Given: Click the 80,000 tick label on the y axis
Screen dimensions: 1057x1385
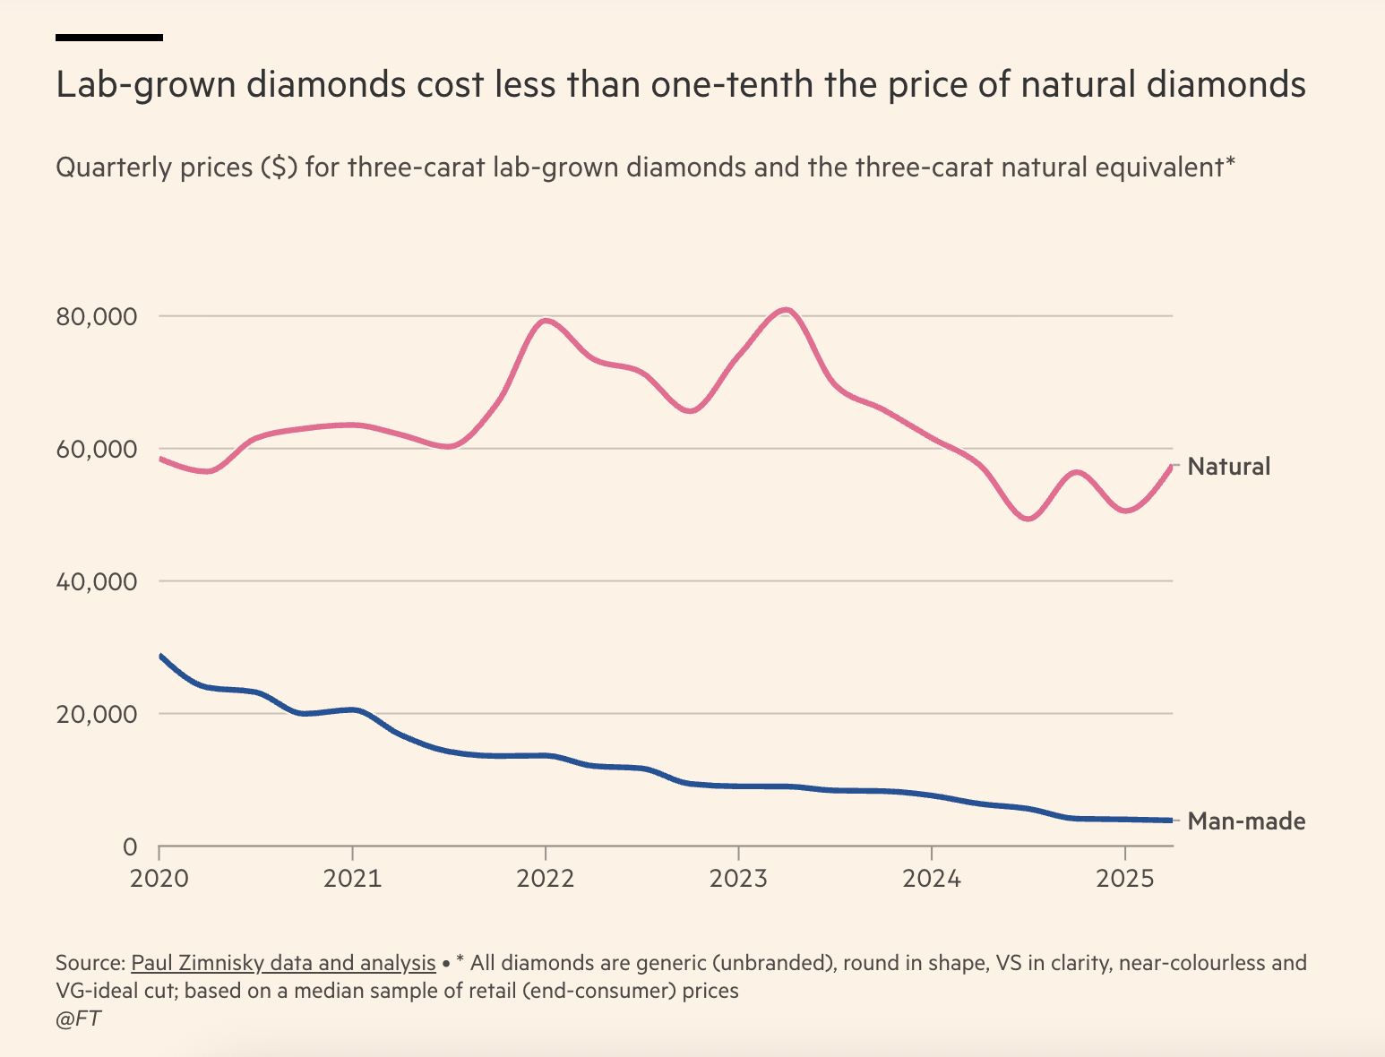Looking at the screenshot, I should [x=97, y=317].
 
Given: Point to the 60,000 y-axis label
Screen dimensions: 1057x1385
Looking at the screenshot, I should [x=97, y=450].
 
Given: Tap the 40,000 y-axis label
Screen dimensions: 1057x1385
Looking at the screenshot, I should [x=97, y=582].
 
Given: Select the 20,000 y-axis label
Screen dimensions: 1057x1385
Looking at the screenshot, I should [x=97, y=715].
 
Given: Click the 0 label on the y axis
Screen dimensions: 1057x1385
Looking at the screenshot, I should [x=129, y=846].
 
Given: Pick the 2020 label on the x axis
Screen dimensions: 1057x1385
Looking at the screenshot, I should [x=159, y=878].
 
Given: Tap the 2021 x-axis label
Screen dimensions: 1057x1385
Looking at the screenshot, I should [x=352, y=878].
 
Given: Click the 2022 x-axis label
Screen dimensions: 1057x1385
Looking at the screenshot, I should [x=545, y=878].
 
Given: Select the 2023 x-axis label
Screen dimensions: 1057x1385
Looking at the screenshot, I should [x=738, y=878].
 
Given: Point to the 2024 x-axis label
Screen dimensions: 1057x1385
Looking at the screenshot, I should [x=932, y=878].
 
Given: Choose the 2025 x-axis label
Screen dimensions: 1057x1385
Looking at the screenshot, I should [x=1124, y=878].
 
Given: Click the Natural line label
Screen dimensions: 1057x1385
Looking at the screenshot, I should [x=1228, y=467].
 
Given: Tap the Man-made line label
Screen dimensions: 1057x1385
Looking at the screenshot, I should [x=1245, y=821].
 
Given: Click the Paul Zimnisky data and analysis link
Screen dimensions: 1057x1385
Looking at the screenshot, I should [x=283, y=964].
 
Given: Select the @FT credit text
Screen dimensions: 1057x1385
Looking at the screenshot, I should [x=78, y=1018].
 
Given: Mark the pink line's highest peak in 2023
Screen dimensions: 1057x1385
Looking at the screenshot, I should [x=786, y=310].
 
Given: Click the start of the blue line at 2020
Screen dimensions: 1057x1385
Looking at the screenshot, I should [x=161, y=657].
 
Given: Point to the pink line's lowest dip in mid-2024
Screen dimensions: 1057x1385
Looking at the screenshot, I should [x=1028, y=519].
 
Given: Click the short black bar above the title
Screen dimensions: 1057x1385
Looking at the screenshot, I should [x=108, y=38].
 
